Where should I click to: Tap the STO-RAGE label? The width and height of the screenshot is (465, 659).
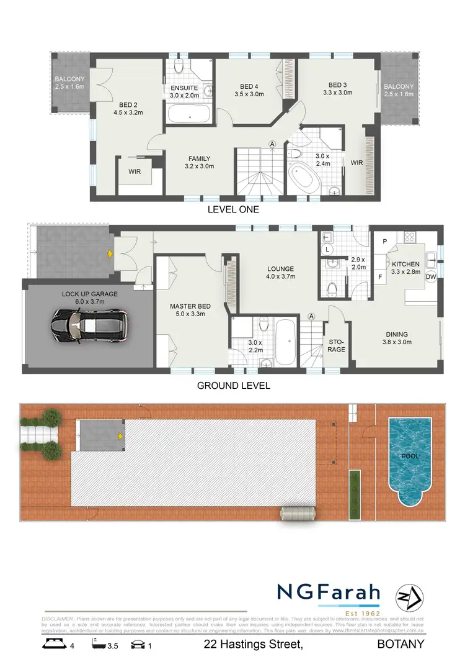point(335,345)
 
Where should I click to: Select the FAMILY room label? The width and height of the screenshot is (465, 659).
point(199,162)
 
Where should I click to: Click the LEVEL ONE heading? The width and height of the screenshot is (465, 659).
point(233,210)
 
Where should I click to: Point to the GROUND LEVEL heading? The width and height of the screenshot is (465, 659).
point(233,385)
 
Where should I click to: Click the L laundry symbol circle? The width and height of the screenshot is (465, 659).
point(328,249)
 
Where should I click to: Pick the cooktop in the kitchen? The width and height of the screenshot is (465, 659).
point(409,236)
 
